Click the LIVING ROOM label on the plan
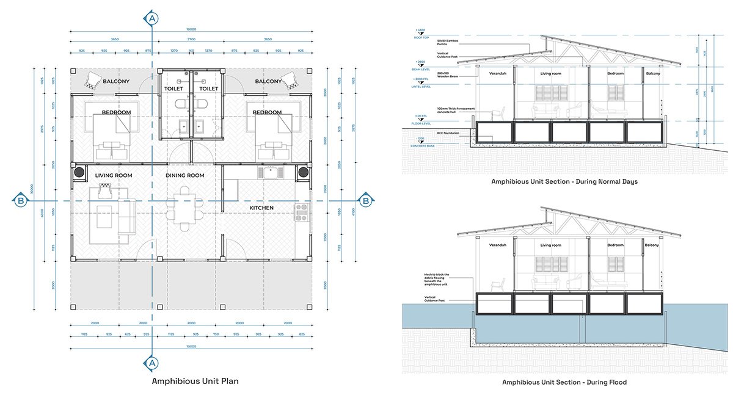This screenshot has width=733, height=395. [x=114, y=176]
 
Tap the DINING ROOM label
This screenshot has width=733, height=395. [x=185, y=176]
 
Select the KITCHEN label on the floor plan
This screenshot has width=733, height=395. [x=261, y=208]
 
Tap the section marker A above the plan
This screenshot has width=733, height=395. [x=152, y=19]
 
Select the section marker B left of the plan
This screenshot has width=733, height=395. [x=20, y=200]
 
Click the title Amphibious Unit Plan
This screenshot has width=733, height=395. [x=195, y=381]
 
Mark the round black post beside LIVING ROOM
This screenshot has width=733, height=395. [x=79, y=173]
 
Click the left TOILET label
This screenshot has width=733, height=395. [x=174, y=89]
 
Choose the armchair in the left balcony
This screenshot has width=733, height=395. [x=93, y=80]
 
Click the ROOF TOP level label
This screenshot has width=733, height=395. [x=422, y=37]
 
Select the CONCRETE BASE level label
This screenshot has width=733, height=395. [x=422, y=146]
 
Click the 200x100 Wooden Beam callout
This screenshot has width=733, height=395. [x=447, y=78]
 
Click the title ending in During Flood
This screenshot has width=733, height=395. [x=564, y=382]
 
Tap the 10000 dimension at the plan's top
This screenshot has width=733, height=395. [x=191, y=29]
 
